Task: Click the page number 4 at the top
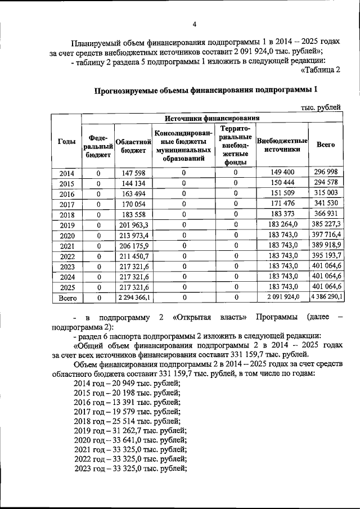[194, 24]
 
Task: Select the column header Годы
[67, 143]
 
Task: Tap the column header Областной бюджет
[131, 146]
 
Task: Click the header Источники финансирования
[211, 118]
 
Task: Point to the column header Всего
[326, 145]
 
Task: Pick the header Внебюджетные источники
[282, 145]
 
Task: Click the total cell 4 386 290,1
[326, 298]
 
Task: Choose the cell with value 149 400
[282, 173]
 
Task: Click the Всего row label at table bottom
[67, 298]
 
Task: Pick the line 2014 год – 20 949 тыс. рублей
[127, 384]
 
